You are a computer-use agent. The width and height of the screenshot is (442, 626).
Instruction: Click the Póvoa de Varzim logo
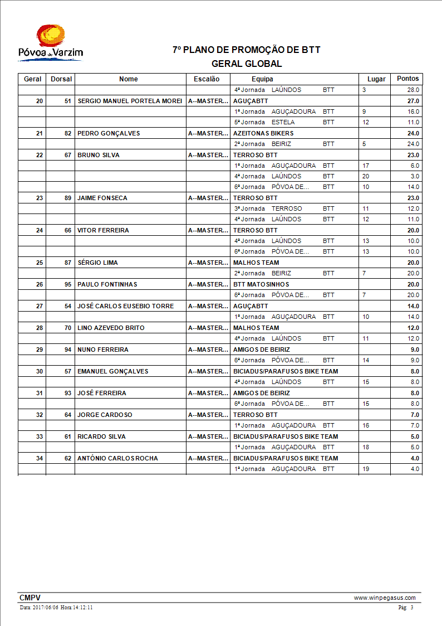(50, 42)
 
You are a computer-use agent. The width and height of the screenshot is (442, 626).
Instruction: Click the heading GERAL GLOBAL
(247, 64)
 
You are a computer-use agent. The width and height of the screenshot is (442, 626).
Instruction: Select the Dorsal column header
(61, 79)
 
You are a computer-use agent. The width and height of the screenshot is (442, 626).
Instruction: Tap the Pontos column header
(407, 79)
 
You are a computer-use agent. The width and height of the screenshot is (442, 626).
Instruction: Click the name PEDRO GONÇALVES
(109, 133)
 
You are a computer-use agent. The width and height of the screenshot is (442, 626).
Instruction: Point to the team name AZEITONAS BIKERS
(263, 133)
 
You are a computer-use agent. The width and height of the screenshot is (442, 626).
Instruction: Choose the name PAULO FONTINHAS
(107, 284)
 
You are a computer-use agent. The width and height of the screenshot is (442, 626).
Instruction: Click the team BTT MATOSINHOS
(261, 284)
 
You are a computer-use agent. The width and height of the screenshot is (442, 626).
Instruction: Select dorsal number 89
(68, 198)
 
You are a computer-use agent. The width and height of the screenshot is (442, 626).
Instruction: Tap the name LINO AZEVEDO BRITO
(111, 328)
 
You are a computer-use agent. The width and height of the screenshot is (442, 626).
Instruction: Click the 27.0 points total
(413, 101)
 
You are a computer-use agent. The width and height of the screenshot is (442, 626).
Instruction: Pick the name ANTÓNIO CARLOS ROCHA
(117, 458)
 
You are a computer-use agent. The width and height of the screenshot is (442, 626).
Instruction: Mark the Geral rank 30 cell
(39, 371)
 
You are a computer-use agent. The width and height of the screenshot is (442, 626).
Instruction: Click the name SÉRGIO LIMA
(97, 263)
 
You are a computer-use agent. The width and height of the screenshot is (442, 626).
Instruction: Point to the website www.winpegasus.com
(385, 598)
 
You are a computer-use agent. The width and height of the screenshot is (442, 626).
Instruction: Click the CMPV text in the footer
(30, 598)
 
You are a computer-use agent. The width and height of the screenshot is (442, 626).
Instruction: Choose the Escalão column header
(207, 79)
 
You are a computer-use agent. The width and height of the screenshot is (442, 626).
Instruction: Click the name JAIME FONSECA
(102, 198)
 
